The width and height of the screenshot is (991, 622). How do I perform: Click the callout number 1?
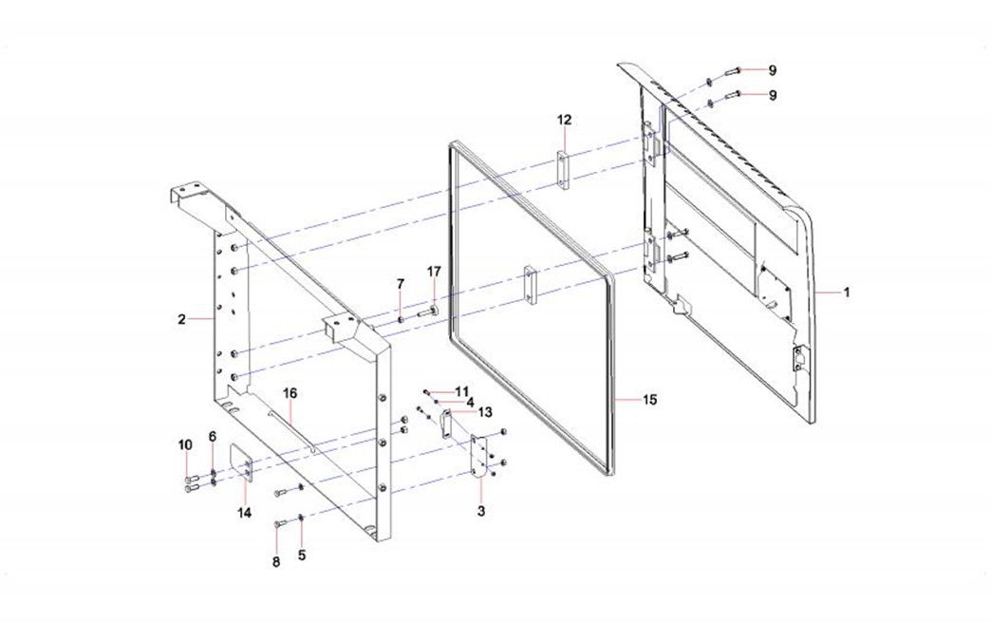click(847, 292)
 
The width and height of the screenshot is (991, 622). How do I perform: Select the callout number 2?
click(181, 319)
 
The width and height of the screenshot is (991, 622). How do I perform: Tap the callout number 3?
click(481, 511)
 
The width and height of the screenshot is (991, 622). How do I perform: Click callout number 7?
click(401, 284)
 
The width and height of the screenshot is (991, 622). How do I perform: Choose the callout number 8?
click(277, 561)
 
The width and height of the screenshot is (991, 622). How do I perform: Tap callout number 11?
click(462, 391)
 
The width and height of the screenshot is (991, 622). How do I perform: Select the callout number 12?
click(565, 120)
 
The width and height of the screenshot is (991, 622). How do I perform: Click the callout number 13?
click(485, 412)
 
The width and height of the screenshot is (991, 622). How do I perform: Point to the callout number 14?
click(244, 513)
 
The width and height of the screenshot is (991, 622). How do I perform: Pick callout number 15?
click(649, 400)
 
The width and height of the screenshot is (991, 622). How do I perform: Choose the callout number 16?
click(290, 391)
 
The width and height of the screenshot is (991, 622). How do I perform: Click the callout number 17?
click(434, 272)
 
